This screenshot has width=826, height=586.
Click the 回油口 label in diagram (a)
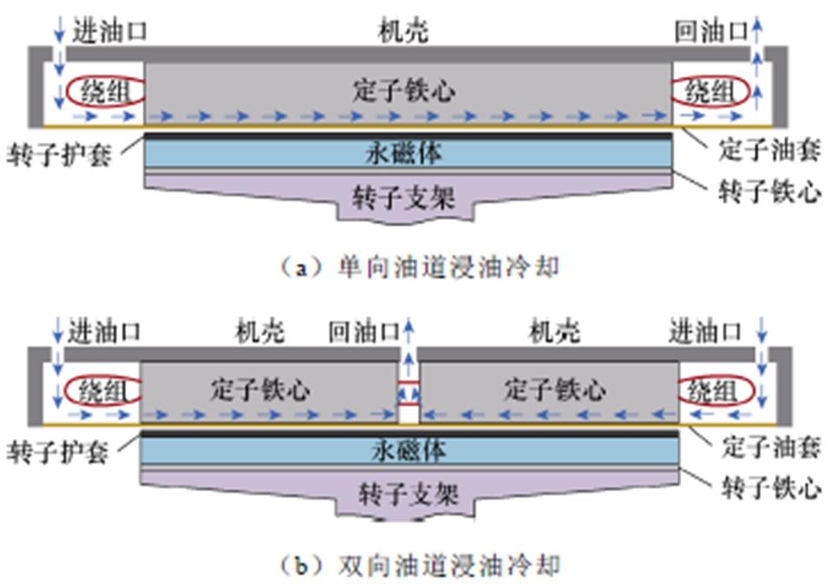pos(710,32)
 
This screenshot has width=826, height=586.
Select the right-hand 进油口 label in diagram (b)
pos(704,332)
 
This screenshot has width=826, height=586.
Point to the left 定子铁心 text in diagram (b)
pos(260,389)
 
